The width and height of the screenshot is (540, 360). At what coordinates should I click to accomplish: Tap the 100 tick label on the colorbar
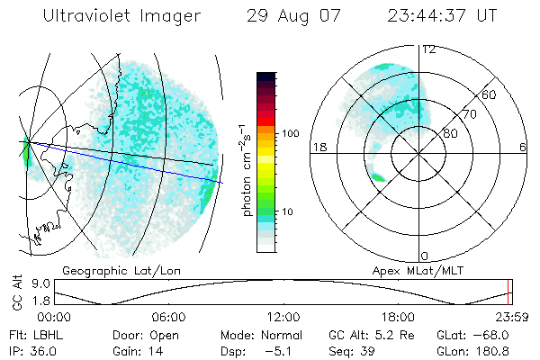point(291,133)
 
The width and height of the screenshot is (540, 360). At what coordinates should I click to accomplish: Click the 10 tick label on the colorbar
point(287,211)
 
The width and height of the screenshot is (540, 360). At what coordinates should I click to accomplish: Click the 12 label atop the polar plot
point(428,49)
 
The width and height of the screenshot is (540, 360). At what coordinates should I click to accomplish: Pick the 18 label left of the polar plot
point(318,147)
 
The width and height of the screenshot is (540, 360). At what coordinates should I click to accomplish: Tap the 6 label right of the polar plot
point(523,147)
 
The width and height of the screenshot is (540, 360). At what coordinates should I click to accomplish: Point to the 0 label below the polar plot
point(425,256)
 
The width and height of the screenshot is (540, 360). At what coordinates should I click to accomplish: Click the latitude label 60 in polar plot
point(490,94)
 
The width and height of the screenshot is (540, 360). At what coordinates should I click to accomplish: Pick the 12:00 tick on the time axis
point(283,317)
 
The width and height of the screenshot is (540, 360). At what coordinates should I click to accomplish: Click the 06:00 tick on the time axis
point(168,317)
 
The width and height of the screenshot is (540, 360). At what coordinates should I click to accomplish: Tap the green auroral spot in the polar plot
point(378,178)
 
